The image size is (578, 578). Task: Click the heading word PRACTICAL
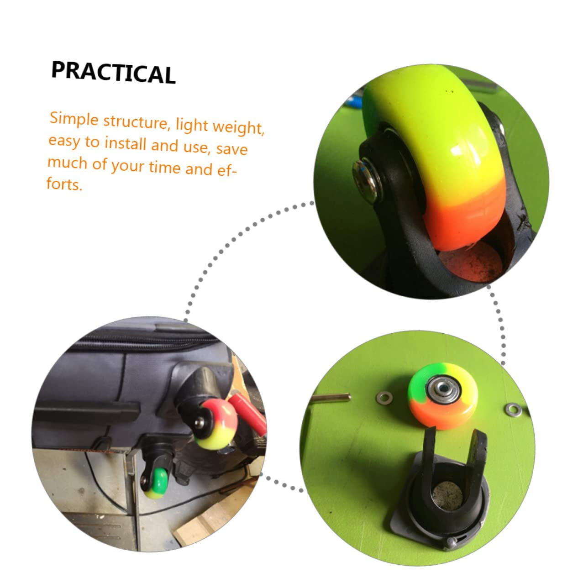coord(113,72)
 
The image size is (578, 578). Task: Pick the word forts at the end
coord(64,184)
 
